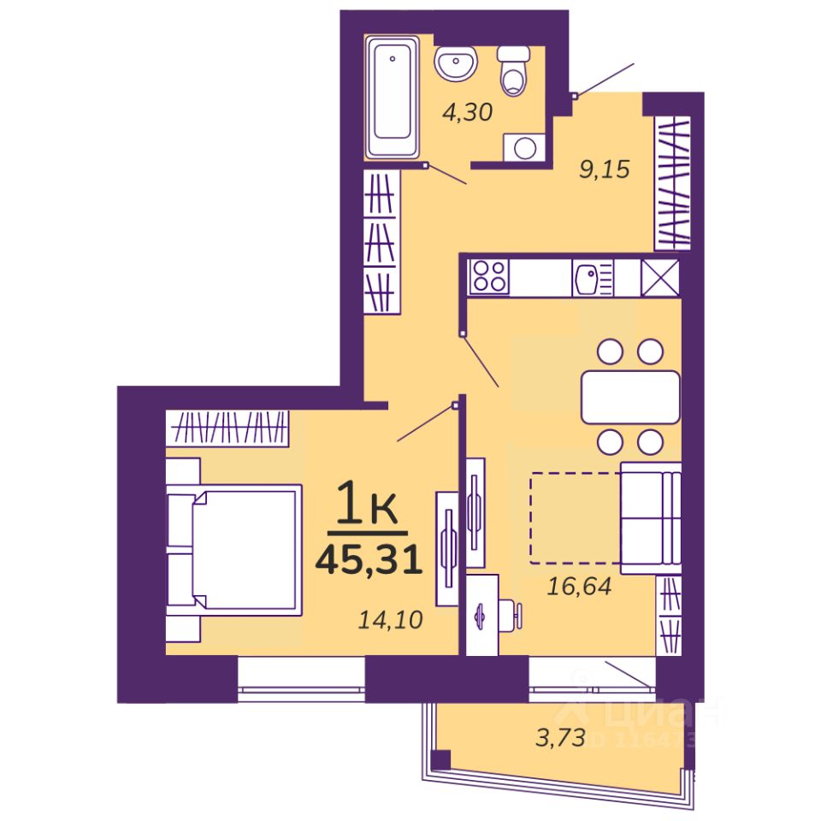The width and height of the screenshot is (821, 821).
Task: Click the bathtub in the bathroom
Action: [393, 96]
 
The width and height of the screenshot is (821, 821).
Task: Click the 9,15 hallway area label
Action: [604, 169]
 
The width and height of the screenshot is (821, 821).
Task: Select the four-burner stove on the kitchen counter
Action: [489, 277]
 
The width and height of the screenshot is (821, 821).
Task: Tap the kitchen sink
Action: [589, 277]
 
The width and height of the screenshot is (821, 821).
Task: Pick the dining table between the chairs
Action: [630, 396]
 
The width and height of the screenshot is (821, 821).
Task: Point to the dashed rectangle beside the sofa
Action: [575, 517]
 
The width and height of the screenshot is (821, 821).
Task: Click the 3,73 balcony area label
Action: [560, 736]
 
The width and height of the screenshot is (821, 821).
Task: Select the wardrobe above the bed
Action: [227, 427]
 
